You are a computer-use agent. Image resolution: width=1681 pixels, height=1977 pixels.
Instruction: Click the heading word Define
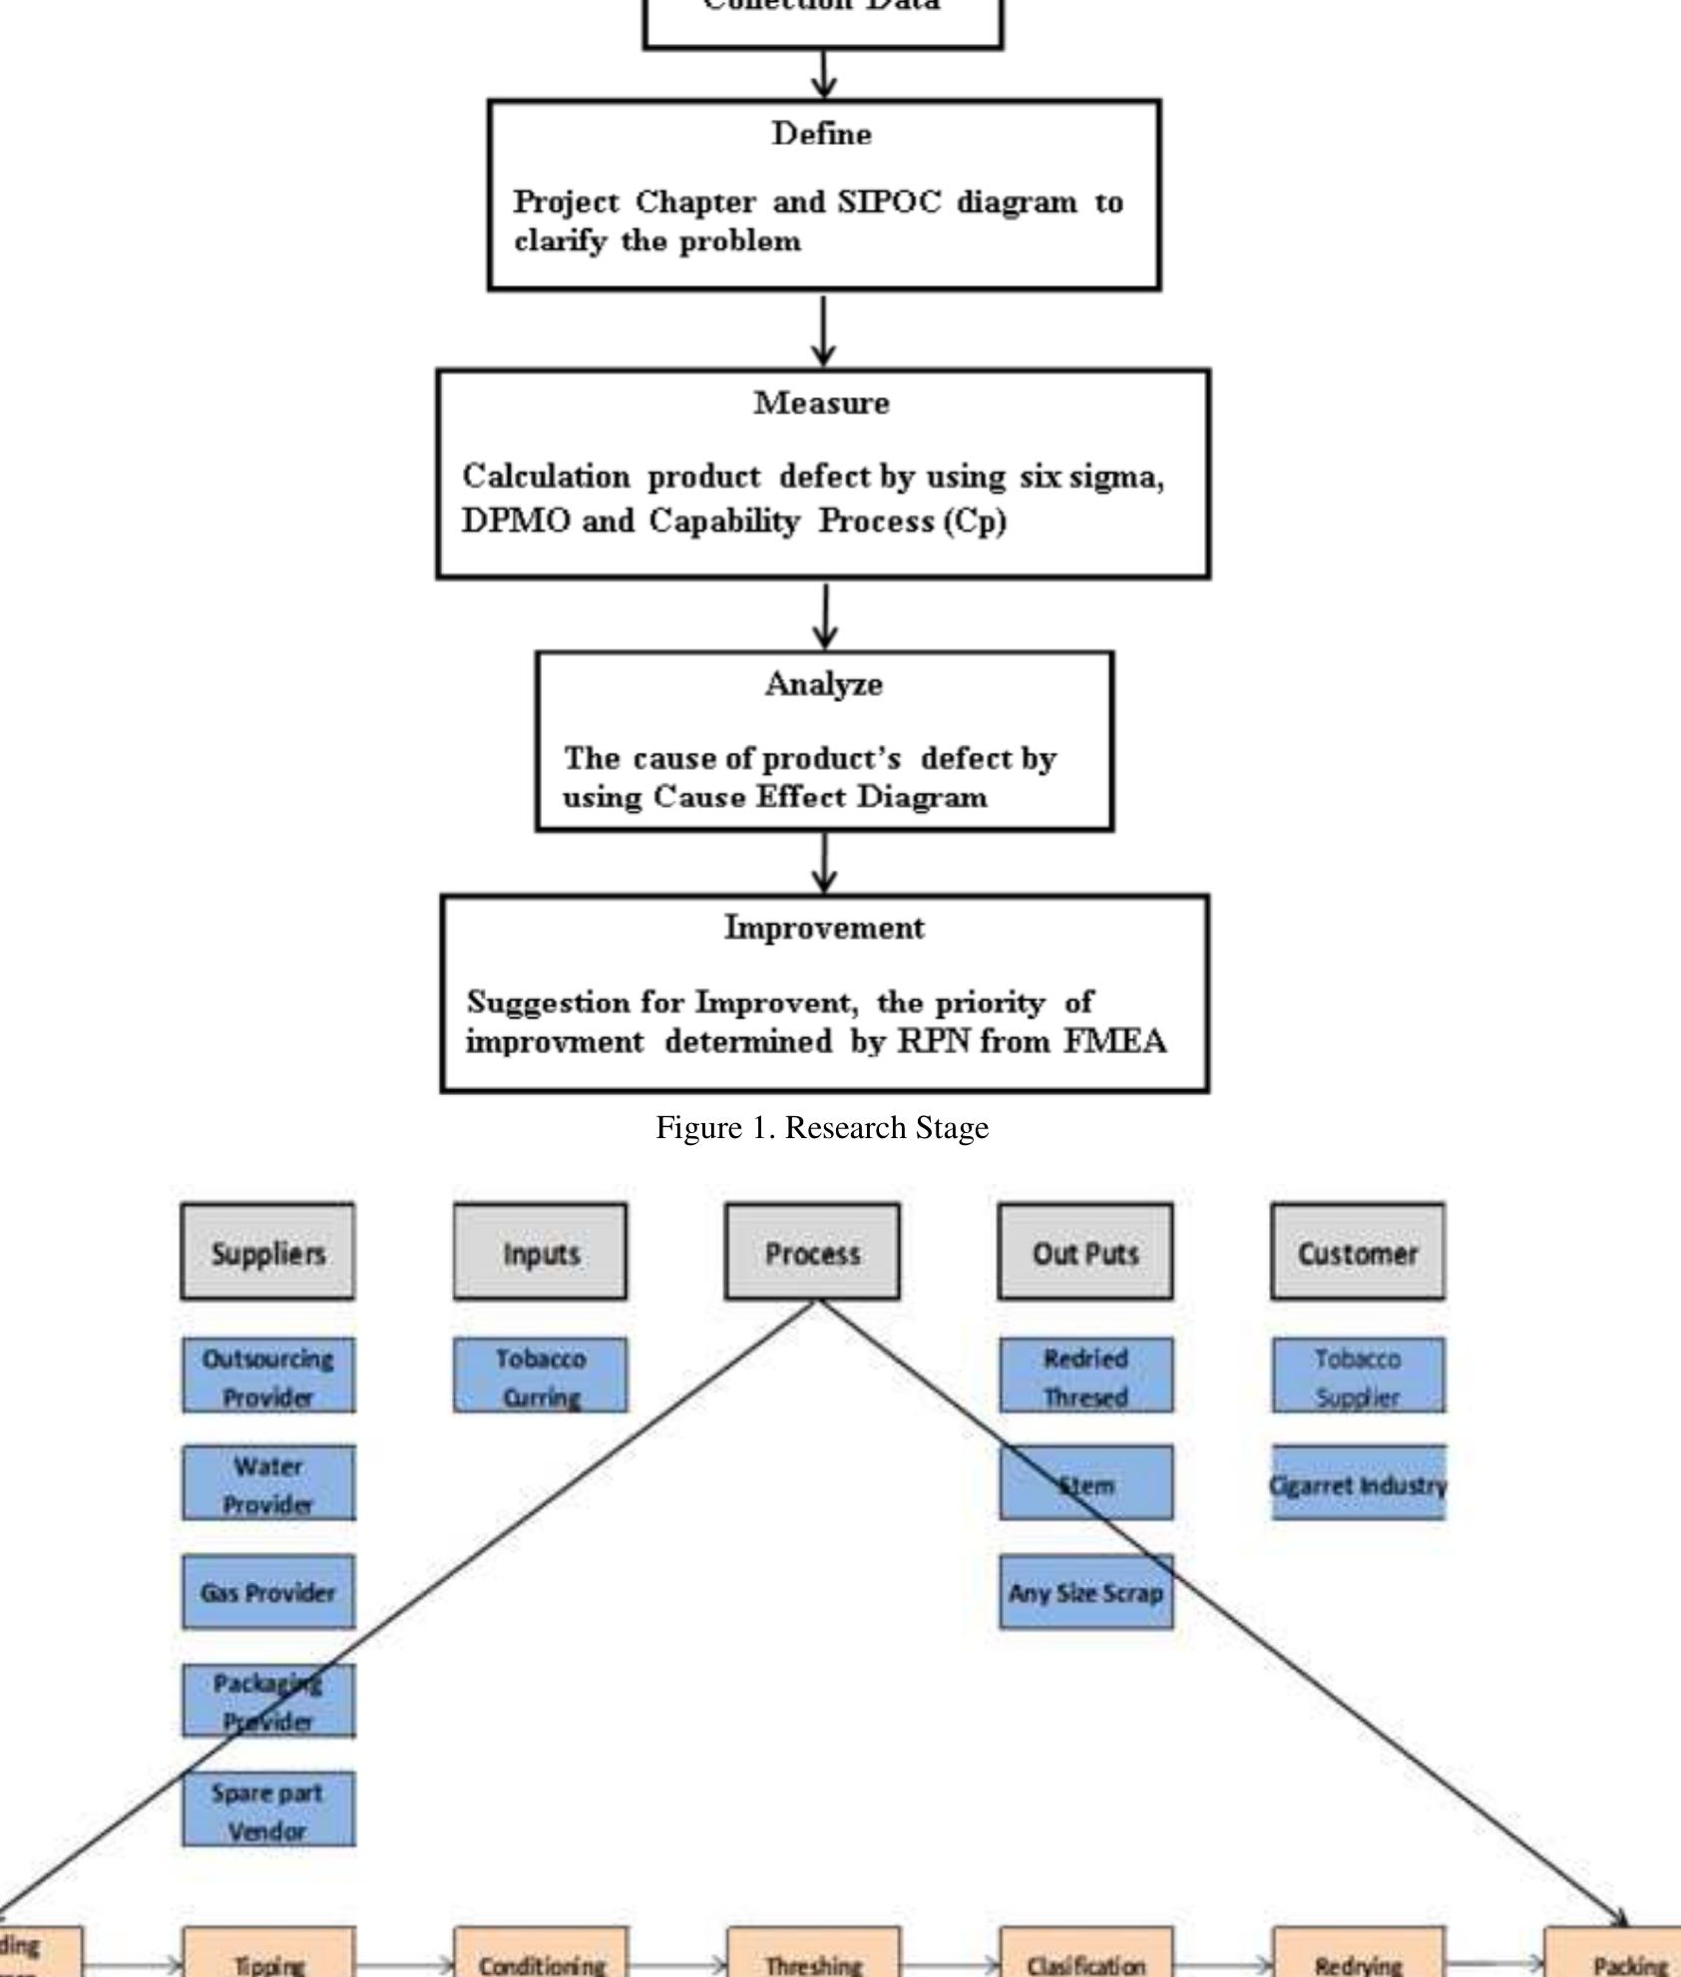(x=821, y=134)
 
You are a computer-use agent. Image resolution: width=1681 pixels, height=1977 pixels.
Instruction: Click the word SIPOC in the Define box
(x=888, y=201)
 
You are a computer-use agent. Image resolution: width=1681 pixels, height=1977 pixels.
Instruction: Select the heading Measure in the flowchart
(x=821, y=403)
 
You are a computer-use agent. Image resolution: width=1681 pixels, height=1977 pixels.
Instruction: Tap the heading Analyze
(x=823, y=684)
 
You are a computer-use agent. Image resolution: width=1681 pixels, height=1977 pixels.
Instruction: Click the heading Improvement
(x=824, y=928)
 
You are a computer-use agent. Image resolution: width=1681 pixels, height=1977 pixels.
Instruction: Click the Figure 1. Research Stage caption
(x=822, y=1127)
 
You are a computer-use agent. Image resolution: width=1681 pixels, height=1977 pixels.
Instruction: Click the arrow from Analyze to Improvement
(x=824, y=863)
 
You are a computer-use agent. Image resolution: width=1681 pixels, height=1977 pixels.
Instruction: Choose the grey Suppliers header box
(x=267, y=1252)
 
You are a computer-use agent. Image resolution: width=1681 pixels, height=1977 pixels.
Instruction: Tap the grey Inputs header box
(x=540, y=1252)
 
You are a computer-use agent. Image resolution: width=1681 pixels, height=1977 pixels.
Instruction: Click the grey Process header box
(x=812, y=1252)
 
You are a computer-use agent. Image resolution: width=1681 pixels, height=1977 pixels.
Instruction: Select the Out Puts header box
(x=1084, y=1252)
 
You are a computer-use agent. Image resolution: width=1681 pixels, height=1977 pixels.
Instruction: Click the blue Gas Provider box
(x=267, y=1592)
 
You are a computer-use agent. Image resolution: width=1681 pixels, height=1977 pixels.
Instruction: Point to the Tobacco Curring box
(x=540, y=1377)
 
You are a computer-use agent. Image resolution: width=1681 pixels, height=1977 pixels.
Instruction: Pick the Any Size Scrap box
(x=1085, y=1592)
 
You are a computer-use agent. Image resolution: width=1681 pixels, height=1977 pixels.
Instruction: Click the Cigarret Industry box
(x=1358, y=1484)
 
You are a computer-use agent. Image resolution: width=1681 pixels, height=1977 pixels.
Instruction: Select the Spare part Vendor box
(x=267, y=1810)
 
